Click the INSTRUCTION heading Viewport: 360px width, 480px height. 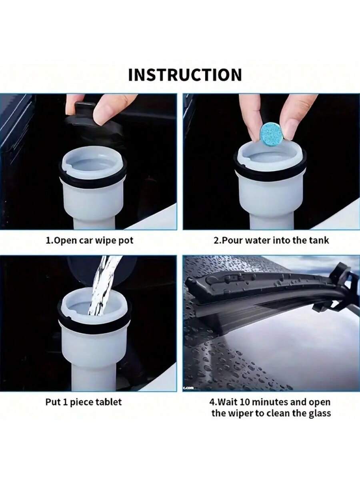(185, 75)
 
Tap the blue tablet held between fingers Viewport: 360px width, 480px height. (272, 134)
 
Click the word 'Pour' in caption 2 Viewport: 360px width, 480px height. (232, 240)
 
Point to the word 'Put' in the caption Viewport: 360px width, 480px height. (52, 402)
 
